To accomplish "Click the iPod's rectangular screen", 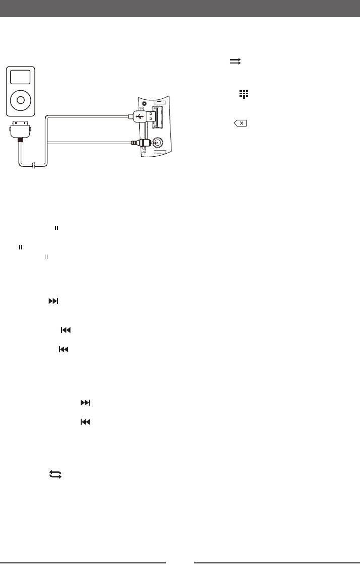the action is pos(20,77).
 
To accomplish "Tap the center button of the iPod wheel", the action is pos(20,100).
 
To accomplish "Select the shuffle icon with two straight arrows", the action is pos(235,61).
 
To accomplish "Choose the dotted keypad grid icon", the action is pos(245,94).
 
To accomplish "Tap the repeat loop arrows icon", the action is pos(55,474).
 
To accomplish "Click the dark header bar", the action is pos(180,9).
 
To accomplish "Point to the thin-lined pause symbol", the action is pos(45,257).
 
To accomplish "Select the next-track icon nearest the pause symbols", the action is pos(53,301).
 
